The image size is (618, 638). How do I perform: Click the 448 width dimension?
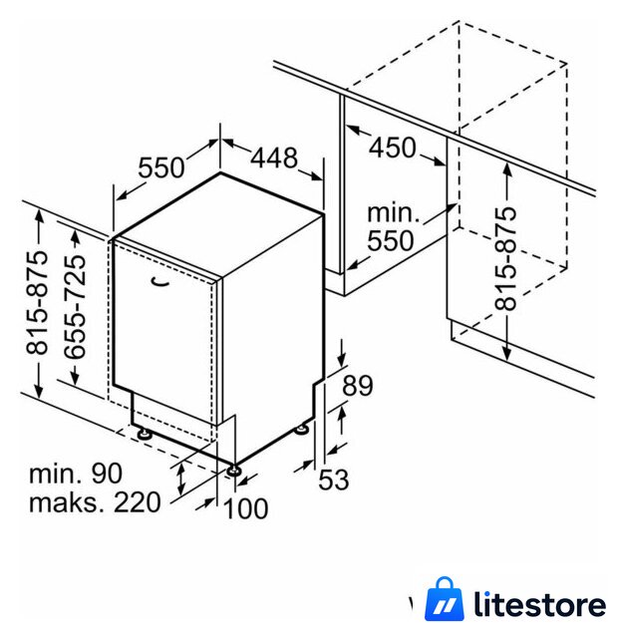click(273, 158)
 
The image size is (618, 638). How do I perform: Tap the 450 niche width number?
click(392, 148)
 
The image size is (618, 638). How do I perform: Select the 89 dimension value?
click(357, 386)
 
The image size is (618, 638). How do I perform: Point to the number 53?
click(334, 479)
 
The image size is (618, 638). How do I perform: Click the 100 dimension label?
click(246, 508)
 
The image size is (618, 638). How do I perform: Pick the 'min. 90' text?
click(76, 474)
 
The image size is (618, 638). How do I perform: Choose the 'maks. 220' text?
click(96, 502)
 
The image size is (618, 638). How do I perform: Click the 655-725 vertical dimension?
click(76, 307)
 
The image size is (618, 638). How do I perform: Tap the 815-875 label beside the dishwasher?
click(37, 303)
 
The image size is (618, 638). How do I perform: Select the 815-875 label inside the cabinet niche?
click(505, 259)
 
